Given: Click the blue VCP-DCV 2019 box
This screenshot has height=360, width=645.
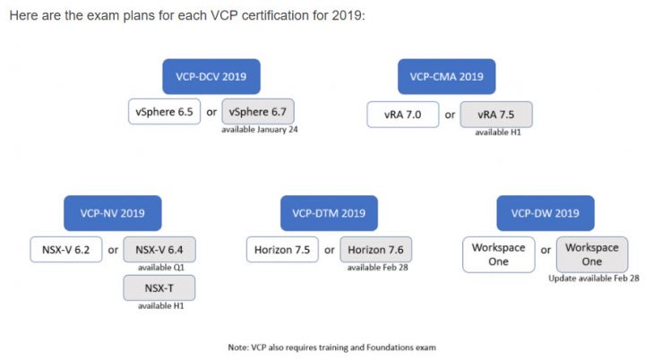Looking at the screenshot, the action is click(211, 76).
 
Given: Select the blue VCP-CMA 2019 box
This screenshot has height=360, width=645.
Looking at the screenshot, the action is click(446, 76).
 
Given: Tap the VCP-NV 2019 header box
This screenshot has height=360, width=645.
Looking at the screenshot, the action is click(112, 213).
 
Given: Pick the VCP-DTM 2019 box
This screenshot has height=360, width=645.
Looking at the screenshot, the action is click(329, 213).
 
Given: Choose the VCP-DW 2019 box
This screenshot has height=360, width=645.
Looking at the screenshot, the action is click(546, 213).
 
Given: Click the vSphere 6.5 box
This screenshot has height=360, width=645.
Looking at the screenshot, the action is click(164, 112).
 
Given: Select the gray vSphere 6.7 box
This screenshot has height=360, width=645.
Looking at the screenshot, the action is click(258, 112).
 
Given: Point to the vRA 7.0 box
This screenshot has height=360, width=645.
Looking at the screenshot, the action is click(403, 115).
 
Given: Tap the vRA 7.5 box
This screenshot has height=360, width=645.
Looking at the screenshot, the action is click(496, 115).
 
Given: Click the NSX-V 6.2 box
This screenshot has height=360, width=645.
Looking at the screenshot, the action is click(65, 249).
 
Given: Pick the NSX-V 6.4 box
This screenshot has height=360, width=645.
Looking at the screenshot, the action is click(159, 249).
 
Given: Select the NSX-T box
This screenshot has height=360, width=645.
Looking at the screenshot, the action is click(159, 288).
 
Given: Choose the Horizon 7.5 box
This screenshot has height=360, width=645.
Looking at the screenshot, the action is click(282, 249).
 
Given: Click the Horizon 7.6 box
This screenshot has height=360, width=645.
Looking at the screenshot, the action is click(375, 249).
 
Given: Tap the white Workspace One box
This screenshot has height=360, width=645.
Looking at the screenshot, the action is click(499, 254).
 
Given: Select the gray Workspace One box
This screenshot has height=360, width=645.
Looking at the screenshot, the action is click(592, 254).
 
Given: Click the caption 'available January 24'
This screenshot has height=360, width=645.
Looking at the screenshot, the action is click(260, 130).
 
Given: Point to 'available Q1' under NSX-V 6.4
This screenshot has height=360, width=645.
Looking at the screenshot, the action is click(161, 268).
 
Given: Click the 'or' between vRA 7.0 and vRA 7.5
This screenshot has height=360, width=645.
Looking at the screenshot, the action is click(450, 115).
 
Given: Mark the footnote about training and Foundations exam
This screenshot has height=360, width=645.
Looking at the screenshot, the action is click(332, 347).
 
